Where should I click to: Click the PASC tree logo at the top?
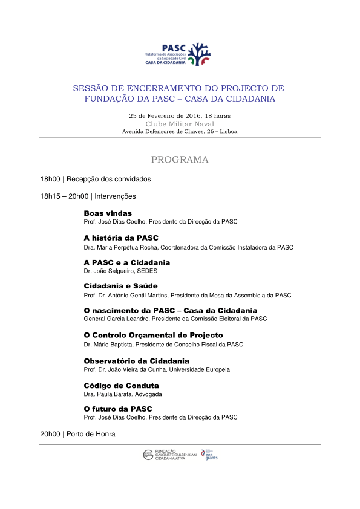(x=198, y=53)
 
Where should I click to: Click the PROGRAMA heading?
(x=180, y=160)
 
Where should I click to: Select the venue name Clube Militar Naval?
(x=180, y=123)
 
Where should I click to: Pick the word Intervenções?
(x=115, y=196)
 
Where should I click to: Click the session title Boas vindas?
(x=108, y=213)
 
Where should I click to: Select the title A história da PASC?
(x=121, y=238)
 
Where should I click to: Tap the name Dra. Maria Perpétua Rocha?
(x=120, y=247)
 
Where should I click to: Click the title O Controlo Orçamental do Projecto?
(x=153, y=335)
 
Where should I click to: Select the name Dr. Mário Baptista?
(x=110, y=345)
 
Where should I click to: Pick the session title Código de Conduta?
(x=121, y=385)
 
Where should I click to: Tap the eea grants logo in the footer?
(x=210, y=455)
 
